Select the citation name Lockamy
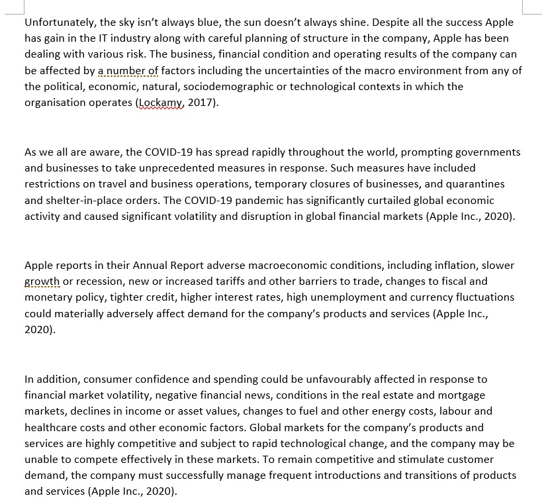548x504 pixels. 160,103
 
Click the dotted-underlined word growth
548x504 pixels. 42,281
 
